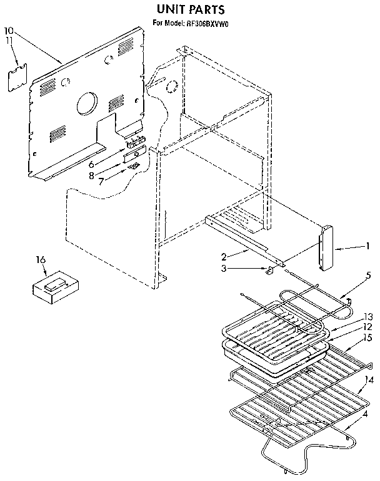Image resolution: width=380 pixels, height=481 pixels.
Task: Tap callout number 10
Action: [x=9, y=30]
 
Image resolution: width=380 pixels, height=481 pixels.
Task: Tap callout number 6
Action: [x=91, y=163]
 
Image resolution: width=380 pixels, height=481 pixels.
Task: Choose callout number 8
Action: [x=91, y=176]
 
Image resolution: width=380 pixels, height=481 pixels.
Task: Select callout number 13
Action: [x=368, y=316]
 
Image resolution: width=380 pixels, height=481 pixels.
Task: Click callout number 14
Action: [x=369, y=380]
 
